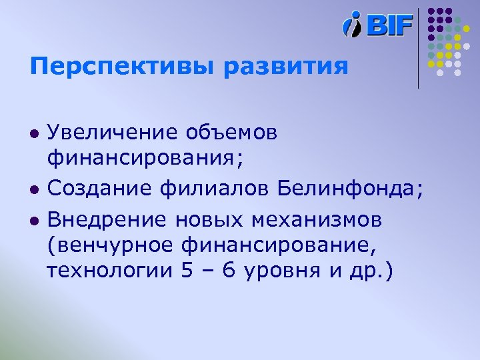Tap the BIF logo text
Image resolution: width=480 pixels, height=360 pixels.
pos(390,25)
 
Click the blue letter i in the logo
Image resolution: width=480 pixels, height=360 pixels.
pos(352,25)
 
